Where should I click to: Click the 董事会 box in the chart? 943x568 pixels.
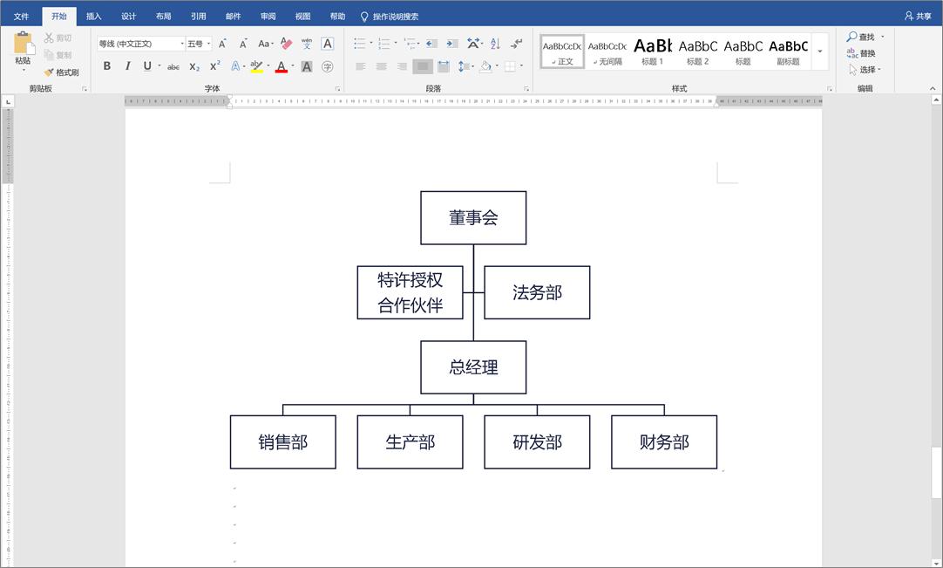coord(473,218)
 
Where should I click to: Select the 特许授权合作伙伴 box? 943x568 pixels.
coord(410,292)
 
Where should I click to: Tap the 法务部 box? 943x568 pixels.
coord(537,292)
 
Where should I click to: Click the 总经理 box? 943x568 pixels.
coord(473,367)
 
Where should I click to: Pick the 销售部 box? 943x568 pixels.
coord(282,442)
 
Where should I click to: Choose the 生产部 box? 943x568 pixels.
coord(410,442)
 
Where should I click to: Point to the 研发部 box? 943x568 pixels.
coord(537,442)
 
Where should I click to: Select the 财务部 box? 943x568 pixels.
coord(664,442)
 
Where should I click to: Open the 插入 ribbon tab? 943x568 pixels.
coord(94,16)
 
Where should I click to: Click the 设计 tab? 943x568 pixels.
coord(129,16)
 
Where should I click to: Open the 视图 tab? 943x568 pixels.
coord(302,16)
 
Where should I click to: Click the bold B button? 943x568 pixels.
coord(107,66)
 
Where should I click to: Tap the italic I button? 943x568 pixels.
coord(128,66)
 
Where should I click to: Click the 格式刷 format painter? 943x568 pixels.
coord(62,72)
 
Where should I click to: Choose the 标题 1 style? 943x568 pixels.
coord(652,51)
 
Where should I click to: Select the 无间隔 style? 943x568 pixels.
coord(607,51)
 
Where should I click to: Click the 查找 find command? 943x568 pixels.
coord(865,37)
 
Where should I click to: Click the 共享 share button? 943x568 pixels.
coord(918,16)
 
